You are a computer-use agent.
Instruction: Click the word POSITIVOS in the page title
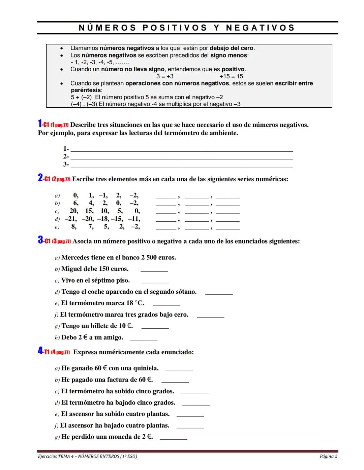pos(175,28)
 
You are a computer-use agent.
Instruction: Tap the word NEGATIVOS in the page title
pos(260,28)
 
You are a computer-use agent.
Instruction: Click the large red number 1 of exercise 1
pos(40,124)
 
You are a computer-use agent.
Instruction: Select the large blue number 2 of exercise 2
pos(40,178)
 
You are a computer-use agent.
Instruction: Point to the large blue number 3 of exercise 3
pos(40,241)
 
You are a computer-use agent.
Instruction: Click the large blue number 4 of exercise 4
pos(40,352)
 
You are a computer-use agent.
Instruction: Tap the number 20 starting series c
pos(73,211)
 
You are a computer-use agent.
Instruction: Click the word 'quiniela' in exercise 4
pos(146,368)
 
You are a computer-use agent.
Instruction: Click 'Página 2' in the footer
pos(328,457)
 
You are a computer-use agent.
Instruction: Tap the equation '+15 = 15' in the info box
pos(231,76)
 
